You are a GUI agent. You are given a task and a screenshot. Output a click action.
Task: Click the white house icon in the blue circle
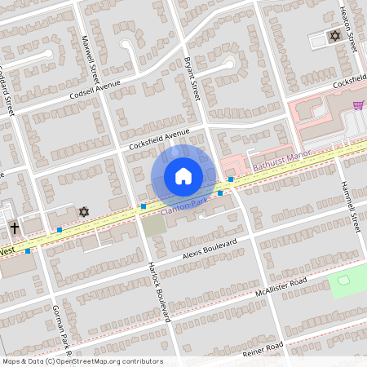tap(183, 176)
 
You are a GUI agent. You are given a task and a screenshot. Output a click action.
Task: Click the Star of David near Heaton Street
tap(334, 36)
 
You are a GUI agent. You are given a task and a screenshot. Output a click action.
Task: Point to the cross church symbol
tap(15, 229)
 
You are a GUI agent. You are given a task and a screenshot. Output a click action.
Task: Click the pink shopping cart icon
tap(358, 105)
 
